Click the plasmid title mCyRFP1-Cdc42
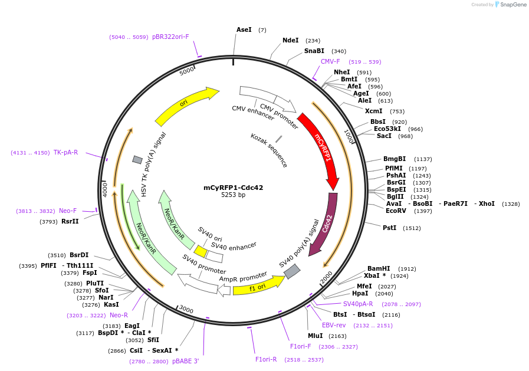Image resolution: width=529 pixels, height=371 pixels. coord(234,188)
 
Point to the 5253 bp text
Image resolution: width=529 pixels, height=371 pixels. coord(234,195)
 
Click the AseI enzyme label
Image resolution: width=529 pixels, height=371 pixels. coord(244,29)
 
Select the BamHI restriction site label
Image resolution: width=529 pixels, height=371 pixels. coord(379,268)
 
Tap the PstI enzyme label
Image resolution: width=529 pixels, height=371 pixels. coord(389,228)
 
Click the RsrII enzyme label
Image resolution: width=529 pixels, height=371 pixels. coord(70,221)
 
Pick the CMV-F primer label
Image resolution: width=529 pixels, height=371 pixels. coord(330,61)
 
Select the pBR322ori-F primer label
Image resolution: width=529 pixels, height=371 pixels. coord(170,37)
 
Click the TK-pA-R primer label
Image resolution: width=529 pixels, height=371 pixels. coord(66,152)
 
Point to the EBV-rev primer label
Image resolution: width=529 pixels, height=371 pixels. coord(334,325)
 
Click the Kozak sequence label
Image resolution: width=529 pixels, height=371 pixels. coord(269,150)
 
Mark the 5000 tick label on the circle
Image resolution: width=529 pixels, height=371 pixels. coord(186,71)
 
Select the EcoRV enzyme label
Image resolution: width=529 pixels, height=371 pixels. coord(396,211)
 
